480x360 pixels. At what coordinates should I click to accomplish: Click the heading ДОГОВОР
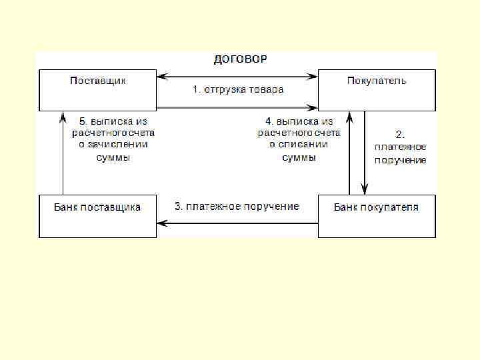tap(239, 59)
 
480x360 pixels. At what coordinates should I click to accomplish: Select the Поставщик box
tap(98, 89)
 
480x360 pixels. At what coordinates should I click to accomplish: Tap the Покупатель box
tap(377, 89)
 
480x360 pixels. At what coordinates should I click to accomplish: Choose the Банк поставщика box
tap(97, 215)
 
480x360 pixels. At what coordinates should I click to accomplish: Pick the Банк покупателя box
tap(377, 215)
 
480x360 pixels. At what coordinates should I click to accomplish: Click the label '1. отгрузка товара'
tap(238, 89)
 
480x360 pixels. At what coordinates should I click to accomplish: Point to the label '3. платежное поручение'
tap(237, 206)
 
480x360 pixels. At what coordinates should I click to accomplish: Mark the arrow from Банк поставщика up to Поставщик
tap(63, 153)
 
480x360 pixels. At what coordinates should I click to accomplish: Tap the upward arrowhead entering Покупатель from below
tap(349, 117)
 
